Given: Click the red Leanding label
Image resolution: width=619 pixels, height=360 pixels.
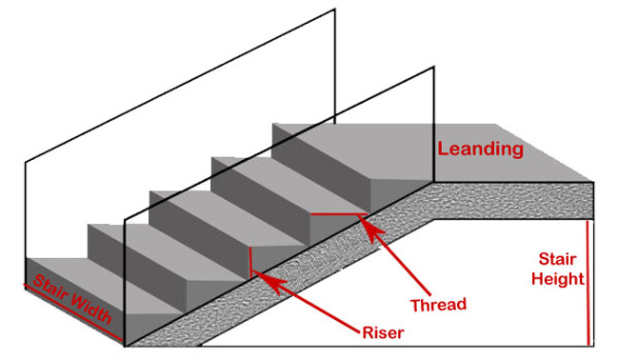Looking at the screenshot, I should point(480,150).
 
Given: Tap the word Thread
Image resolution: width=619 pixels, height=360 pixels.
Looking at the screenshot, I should point(437,305).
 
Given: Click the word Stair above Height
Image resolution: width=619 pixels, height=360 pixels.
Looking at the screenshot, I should point(555,259).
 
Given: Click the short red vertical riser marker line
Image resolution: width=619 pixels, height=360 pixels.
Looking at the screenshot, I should point(249,262).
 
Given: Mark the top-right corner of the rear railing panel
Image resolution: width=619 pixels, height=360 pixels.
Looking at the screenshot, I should point(336,10).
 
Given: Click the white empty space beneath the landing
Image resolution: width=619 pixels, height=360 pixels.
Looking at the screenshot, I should point(495,286).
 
